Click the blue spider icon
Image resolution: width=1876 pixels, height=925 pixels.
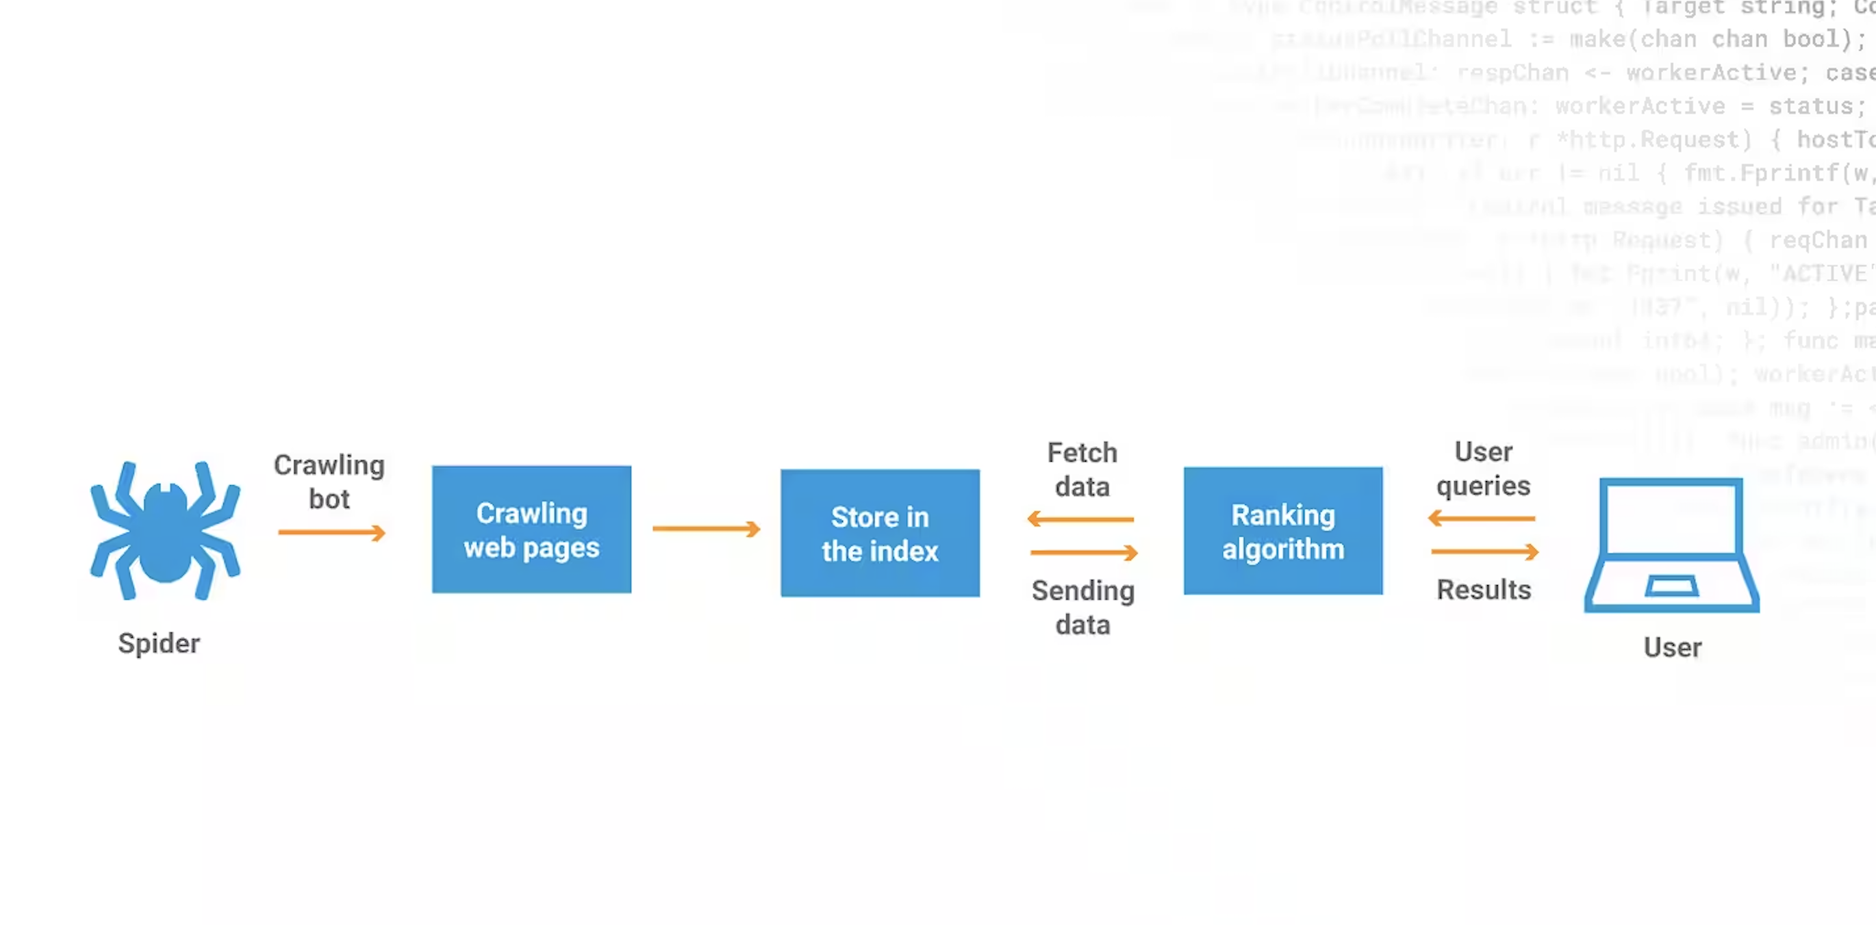(x=165, y=532)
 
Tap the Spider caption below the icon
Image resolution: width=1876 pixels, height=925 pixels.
(x=159, y=643)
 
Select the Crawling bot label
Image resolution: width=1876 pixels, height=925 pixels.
(x=329, y=482)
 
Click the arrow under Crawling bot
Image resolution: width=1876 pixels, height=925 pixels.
(x=331, y=533)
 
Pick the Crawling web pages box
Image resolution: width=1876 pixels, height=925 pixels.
(x=531, y=530)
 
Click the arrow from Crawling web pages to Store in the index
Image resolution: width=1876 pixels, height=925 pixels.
(x=706, y=529)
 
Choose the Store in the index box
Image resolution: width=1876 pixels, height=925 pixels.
(x=880, y=534)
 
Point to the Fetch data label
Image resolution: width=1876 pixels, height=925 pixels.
(x=1082, y=469)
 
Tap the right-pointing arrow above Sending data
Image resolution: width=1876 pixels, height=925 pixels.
(x=1084, y=553)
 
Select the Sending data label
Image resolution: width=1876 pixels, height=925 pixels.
(x=1083, y=607)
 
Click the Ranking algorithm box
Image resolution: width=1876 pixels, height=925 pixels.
(x=1282, y=532)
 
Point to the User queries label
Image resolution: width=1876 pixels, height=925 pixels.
(x=1484, y=469)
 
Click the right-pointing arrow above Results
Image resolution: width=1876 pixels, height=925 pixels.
(x=1485, y=552)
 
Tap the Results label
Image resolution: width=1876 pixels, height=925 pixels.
(x=1484, y=590)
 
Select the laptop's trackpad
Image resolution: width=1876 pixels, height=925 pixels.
(x=1671, y=586)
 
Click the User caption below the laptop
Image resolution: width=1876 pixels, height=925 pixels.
(x=1672, y=647)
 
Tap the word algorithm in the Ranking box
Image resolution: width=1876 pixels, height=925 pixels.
(x=1283, y=549)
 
